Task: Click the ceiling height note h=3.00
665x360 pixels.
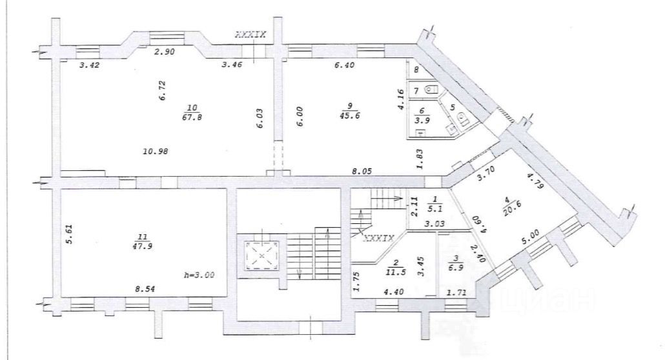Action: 199,275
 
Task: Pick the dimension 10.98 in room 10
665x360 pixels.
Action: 156,151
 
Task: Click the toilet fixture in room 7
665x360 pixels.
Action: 433,90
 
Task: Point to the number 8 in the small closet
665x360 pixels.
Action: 416,70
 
